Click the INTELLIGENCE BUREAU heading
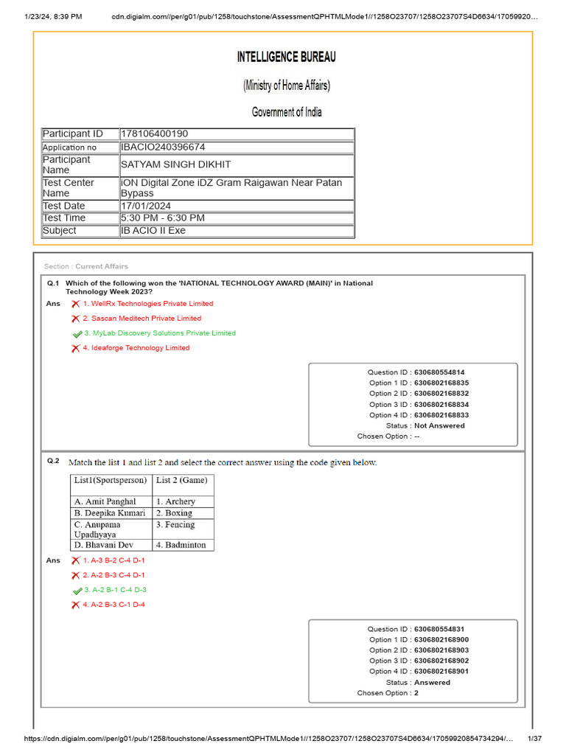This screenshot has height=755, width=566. (286, 57)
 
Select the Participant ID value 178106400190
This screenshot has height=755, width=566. (154, 133)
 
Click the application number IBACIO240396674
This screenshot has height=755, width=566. (163, 147)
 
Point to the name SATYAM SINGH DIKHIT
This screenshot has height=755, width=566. (175, 164)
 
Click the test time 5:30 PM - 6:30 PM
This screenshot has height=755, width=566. (163, 218)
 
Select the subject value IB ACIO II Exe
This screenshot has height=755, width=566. (153, 231)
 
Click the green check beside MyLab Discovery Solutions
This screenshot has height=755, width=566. (77, 334)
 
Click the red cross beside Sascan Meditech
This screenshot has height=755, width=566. (75, 319)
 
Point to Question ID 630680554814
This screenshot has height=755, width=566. (439, 372)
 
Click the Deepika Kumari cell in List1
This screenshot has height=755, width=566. (110, 512)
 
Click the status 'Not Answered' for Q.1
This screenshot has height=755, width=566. (439, 425)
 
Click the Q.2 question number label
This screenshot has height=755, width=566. (53, 461)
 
